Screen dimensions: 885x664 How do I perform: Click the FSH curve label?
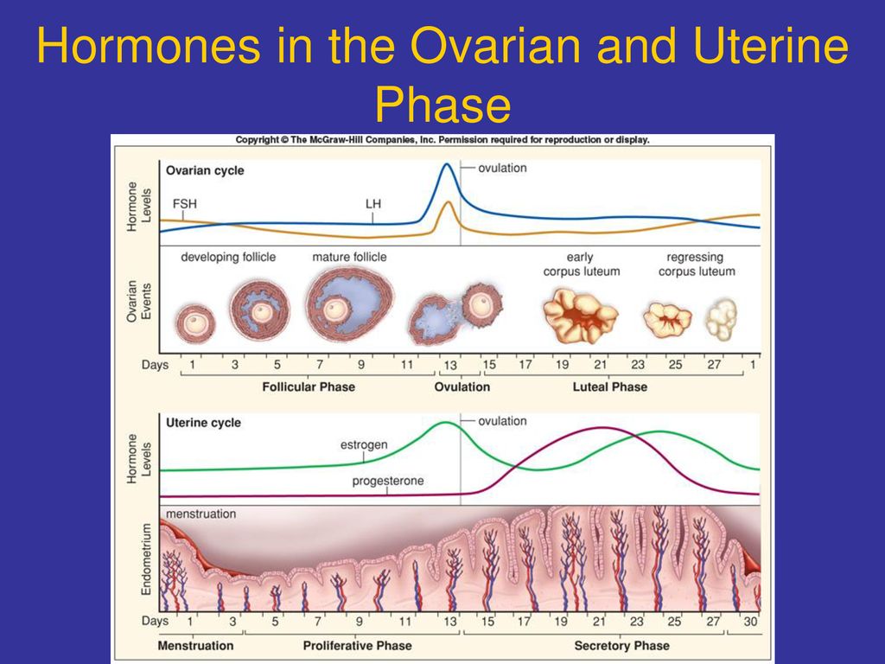click(x=185, y=204)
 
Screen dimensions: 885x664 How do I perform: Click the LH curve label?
click(x=373, y=204)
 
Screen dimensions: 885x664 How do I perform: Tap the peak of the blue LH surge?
click(x=447, y=164)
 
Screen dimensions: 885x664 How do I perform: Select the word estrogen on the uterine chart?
click(x=364, y=445)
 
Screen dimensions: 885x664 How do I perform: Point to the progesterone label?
click(x=388, y=481)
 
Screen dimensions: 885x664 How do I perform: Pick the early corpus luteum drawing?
click(x=580, y=316)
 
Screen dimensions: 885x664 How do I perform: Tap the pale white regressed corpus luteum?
click(x=722, y=320)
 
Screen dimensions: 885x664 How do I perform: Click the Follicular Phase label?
click(x=309, y=386)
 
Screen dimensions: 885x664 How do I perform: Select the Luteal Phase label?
click(x=610, y=386)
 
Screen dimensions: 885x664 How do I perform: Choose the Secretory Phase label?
click(x=622, y=645)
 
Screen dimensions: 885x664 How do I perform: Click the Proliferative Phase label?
click(x=357, y=645)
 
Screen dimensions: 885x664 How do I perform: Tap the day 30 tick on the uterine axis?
click(x=750, y=622)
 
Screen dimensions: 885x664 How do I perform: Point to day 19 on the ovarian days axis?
click(x=562, y=365)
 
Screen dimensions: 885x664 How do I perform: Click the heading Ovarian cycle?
click(x=205, y=170)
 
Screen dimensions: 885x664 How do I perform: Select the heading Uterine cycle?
click(x=203, y=423)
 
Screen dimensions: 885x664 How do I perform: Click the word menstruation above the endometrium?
click(x=201, y=514)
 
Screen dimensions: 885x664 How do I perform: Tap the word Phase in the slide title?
click(x=443, y=105)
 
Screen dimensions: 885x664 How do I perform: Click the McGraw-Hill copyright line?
click(x=442, y=139)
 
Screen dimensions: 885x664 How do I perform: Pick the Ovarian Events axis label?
click(x=138, y=302)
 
